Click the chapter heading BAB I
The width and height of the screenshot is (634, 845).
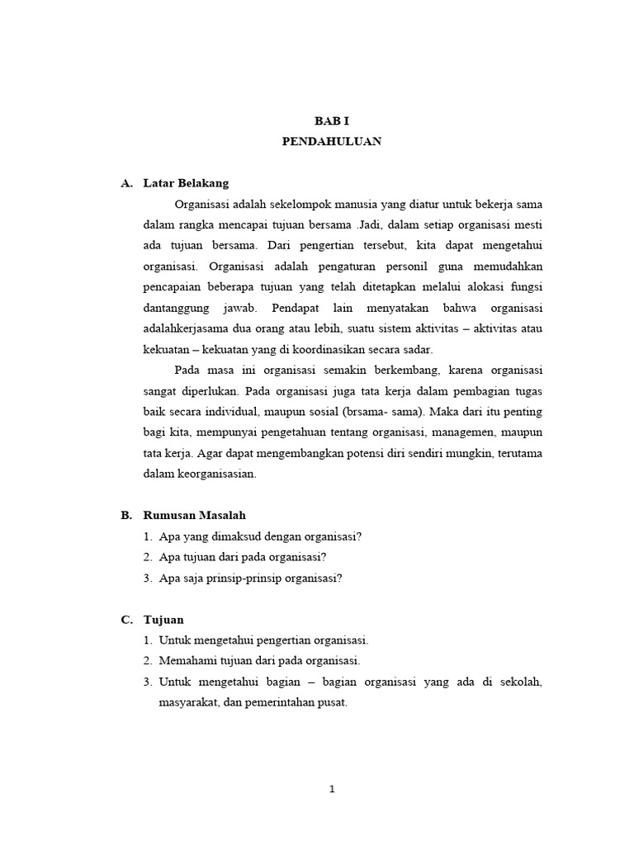[x=331, y=120]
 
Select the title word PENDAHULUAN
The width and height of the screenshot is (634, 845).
[x=331, y=141]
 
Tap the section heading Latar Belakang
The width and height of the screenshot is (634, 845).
[x=186, y=183]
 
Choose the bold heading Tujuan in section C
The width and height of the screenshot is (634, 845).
[x=163, y=619]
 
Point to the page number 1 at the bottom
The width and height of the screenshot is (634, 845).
[x=332, y=788]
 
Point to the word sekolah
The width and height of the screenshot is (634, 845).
[x=519, y=682]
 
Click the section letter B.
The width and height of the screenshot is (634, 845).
[x=126, y=515]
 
